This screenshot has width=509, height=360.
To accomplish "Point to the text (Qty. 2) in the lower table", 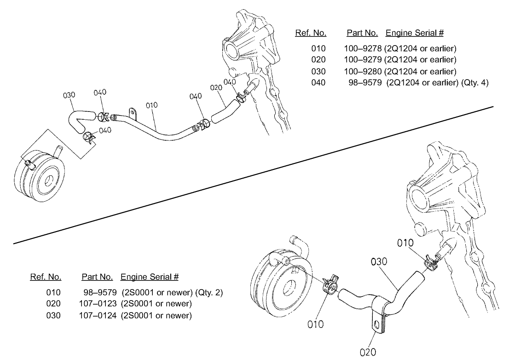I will (x=209, y=292).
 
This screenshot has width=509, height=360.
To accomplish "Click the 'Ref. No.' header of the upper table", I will (x=311, y=33).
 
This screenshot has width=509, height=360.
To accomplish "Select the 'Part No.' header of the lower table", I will (x=97, y=277).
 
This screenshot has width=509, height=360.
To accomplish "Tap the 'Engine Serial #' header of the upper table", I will (x=415, y=33).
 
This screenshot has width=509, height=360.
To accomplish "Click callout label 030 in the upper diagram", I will (x=69, y=95).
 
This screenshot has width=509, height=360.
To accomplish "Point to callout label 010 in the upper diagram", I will (x=152, y=105).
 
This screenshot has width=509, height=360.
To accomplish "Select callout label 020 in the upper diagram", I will (x=216, y=87).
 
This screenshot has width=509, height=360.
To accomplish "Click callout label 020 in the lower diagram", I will (x=368, y=353).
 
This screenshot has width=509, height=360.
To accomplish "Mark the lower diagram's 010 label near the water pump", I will (x=405, y=243).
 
